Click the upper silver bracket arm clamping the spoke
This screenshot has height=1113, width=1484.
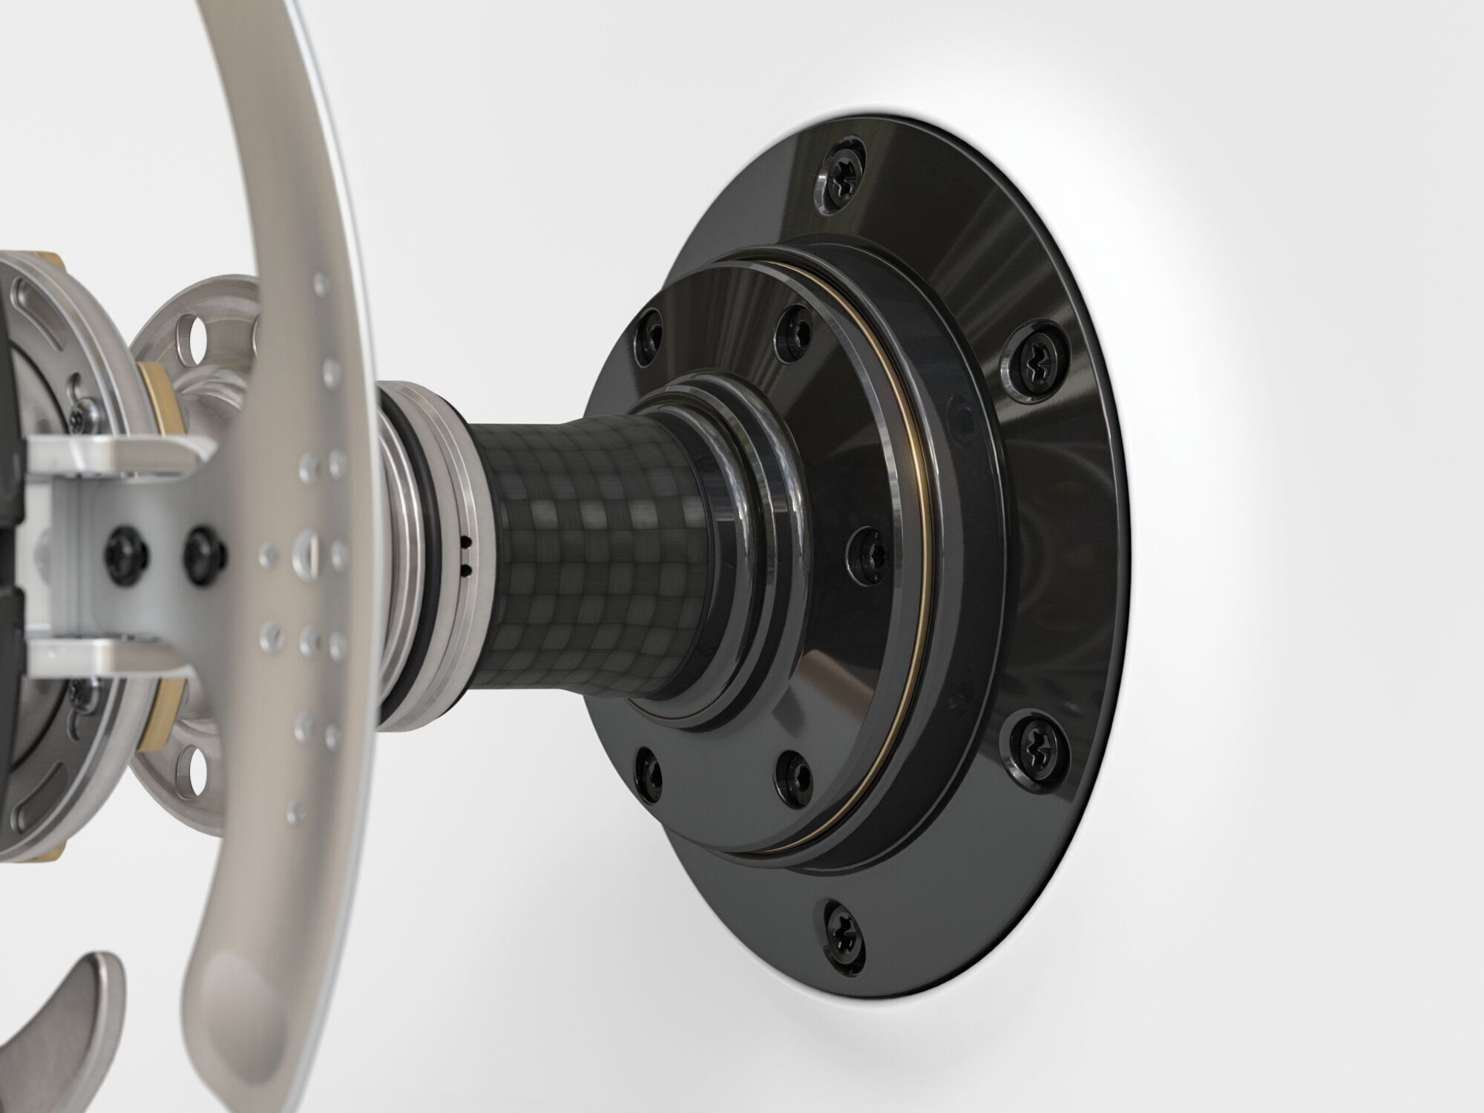pos(111,455)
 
